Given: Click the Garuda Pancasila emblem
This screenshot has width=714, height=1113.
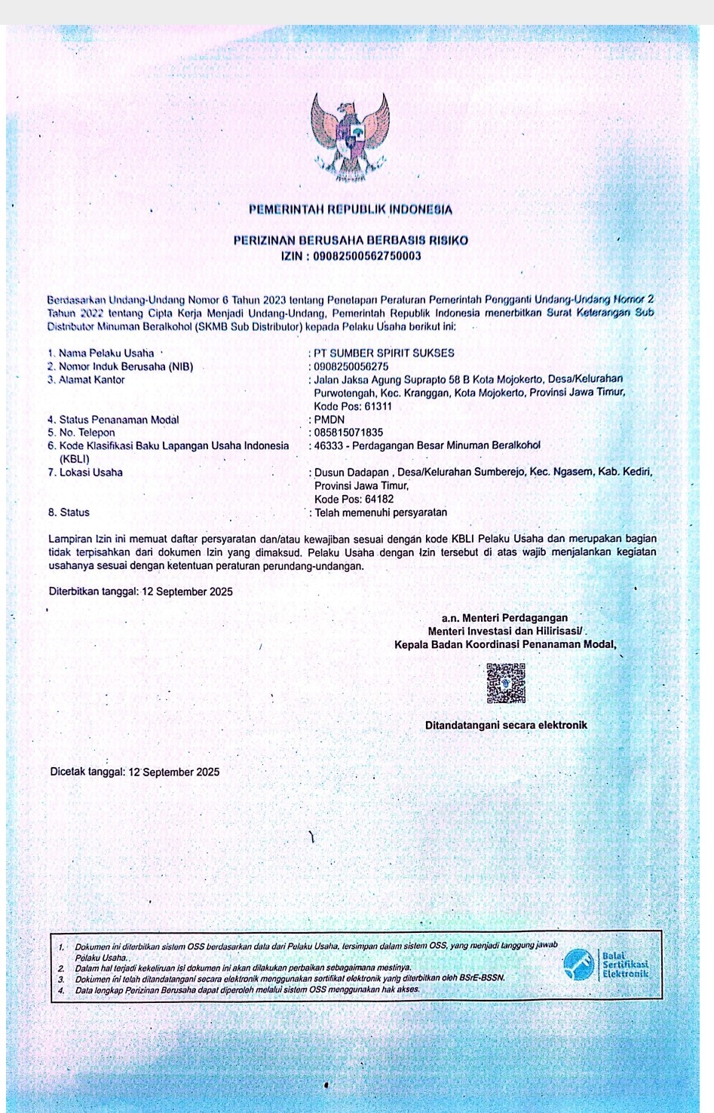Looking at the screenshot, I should (x=350, y=138).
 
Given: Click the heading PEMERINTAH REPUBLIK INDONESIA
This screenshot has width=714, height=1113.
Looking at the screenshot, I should (x=351, y=209).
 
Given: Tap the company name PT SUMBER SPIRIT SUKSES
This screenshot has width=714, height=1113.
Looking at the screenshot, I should (x=384, y=353).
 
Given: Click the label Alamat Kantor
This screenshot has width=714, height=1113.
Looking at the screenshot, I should (x=91, y=380).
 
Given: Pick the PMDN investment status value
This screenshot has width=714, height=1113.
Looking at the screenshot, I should (x=329, y=420).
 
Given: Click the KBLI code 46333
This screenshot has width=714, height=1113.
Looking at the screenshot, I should (x=329, y=445).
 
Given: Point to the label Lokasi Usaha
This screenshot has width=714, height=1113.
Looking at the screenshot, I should (x=90, y=472).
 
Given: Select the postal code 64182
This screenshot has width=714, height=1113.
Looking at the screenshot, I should (x=379, y=499).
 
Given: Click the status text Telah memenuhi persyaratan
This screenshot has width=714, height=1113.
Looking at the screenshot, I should (x=381, y=512).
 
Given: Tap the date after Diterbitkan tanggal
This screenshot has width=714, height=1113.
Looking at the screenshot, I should (x=187, y=592).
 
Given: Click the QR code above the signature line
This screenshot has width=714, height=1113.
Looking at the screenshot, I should (x=506, y=683).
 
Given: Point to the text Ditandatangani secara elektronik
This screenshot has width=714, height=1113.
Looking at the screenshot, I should (x=506, y=725).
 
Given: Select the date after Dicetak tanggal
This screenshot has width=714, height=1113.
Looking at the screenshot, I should (x=174, y=772).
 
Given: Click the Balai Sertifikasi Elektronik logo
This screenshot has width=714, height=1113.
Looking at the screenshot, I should (x=607, y=965).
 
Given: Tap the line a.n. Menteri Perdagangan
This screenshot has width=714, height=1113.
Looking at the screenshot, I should (x=504, y=618).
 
